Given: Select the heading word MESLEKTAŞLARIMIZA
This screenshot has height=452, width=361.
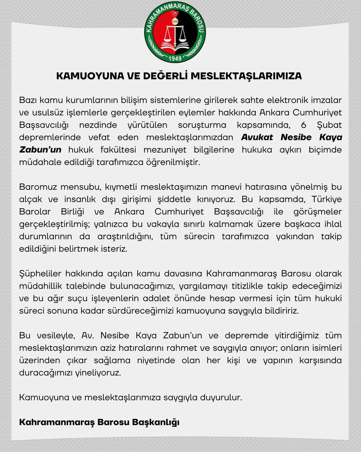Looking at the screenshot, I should [246, 76].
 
